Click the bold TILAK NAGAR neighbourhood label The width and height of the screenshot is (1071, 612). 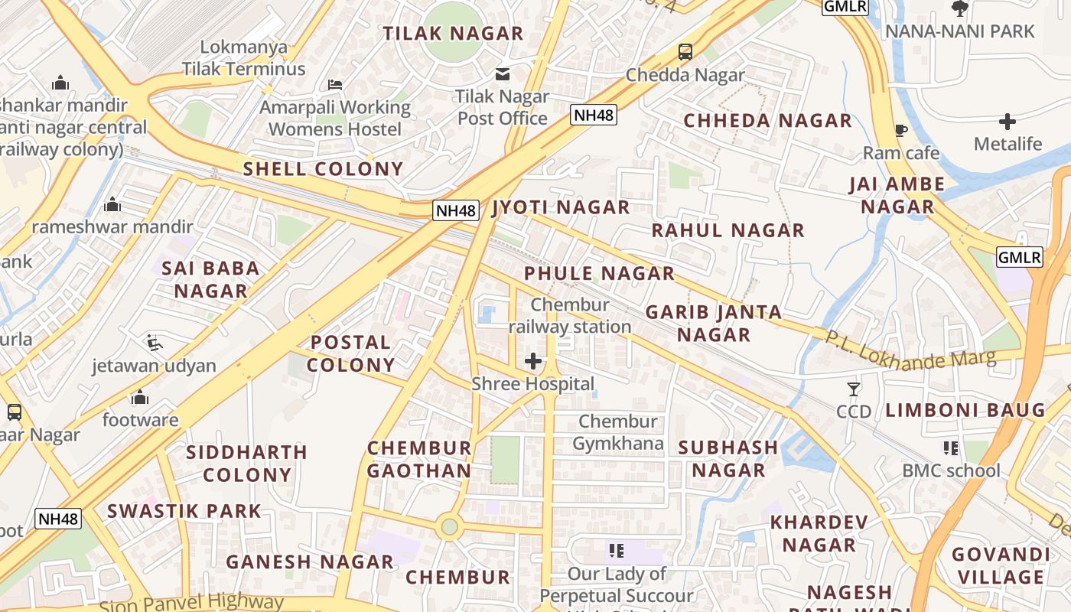point(453,34)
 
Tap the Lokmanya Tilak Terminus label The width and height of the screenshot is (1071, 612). point(244,58)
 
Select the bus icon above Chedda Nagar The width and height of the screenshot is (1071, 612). point(685,52)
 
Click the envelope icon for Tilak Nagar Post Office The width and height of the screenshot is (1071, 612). point(503,74)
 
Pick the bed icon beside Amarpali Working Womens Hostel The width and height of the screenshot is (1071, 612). point(335,84)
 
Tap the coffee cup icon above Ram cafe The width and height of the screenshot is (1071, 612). point(900,130)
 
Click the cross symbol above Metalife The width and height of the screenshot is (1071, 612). point(1008,121)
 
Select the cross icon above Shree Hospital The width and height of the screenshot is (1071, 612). point(533,361)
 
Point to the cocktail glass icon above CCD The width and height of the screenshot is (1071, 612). point(854,389)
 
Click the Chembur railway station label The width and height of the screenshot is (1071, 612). point(570,316)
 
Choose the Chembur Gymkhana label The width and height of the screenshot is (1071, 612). point(618,432)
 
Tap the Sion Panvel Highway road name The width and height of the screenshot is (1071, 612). point(191,603)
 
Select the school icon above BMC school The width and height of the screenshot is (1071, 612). point(951,448)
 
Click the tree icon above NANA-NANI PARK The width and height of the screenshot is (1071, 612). point(959,8)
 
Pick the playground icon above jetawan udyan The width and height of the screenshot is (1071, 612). point(155,343)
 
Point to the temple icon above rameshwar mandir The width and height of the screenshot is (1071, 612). point(112,204)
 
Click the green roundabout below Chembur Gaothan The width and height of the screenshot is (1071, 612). point(449,526)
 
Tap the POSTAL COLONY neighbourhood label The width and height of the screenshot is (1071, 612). point(351,353)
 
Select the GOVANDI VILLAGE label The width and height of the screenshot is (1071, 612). point(1001,565)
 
